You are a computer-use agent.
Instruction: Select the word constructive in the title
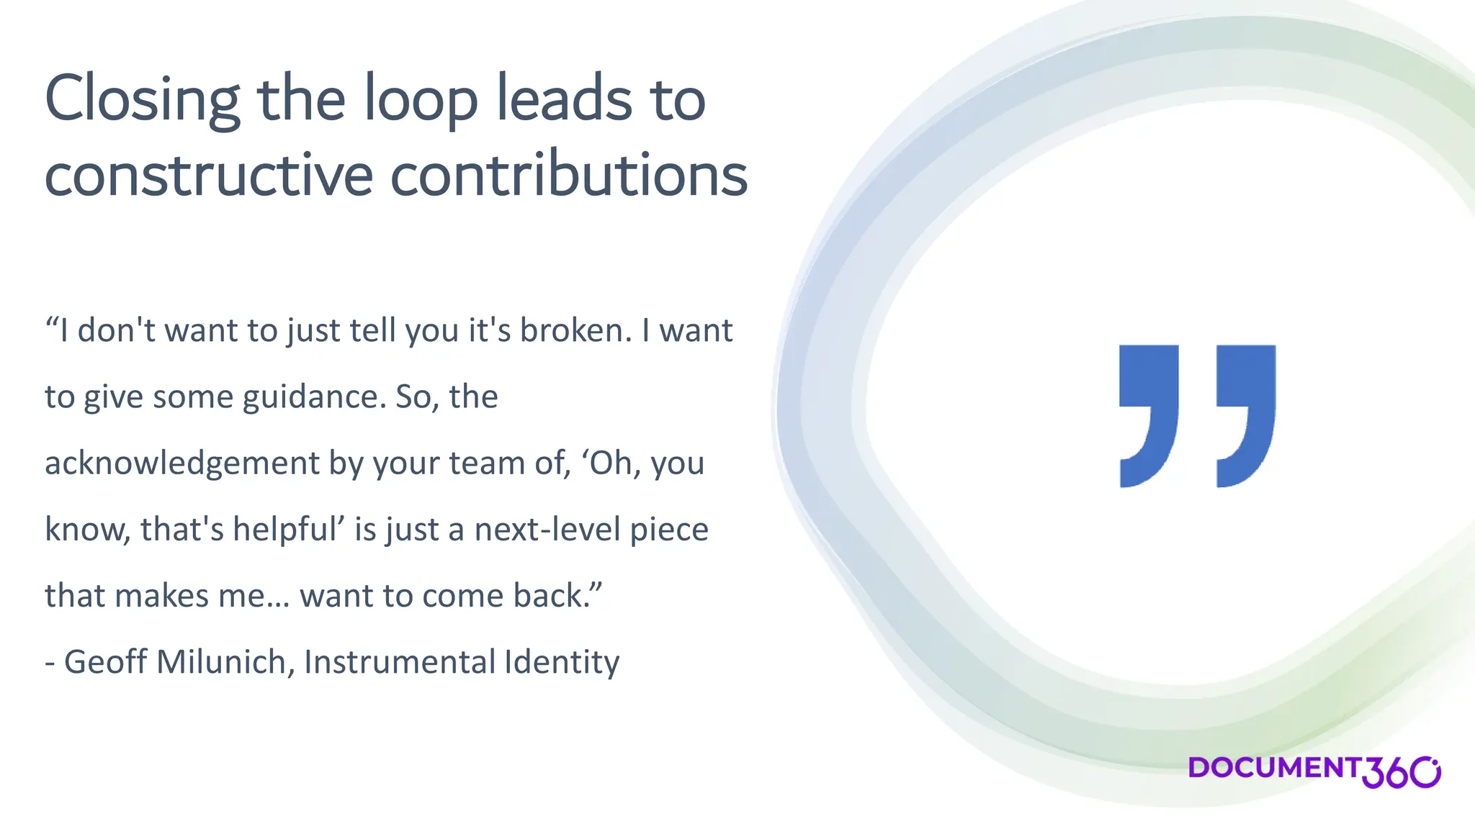(x=209, y=176)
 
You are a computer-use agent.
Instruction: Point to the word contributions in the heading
(x=569, y=176)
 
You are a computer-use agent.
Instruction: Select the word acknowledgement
(x=181, y=464)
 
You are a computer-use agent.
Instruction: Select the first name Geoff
(x=105, y=663)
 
